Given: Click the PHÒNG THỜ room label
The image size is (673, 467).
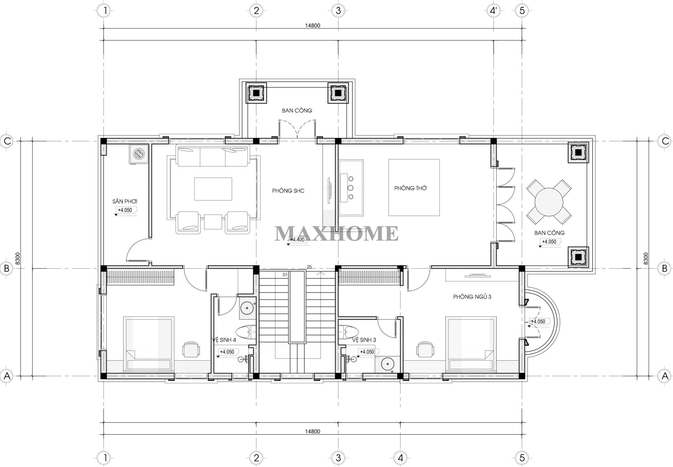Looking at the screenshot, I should pos(410,188).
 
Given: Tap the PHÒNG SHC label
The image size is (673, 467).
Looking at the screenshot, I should pos(288,191).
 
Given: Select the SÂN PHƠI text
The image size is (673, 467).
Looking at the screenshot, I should pos(124,201).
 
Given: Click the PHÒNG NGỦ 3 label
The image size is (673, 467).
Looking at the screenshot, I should pos(472,297).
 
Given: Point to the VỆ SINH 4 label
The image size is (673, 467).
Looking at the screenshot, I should pos(224,340).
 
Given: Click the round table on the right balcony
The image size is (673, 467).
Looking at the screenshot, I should pos(549,203).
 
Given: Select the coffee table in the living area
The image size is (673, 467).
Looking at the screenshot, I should pos(213,189).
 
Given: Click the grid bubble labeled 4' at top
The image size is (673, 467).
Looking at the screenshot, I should pos(493,11).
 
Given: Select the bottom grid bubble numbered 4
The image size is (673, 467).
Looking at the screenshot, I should pos(401,458).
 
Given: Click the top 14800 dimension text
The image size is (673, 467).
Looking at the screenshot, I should pos(312,25).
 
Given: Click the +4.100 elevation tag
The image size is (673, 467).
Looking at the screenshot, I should pos(298,239).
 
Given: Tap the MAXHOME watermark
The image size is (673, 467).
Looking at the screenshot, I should pos(336,233).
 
